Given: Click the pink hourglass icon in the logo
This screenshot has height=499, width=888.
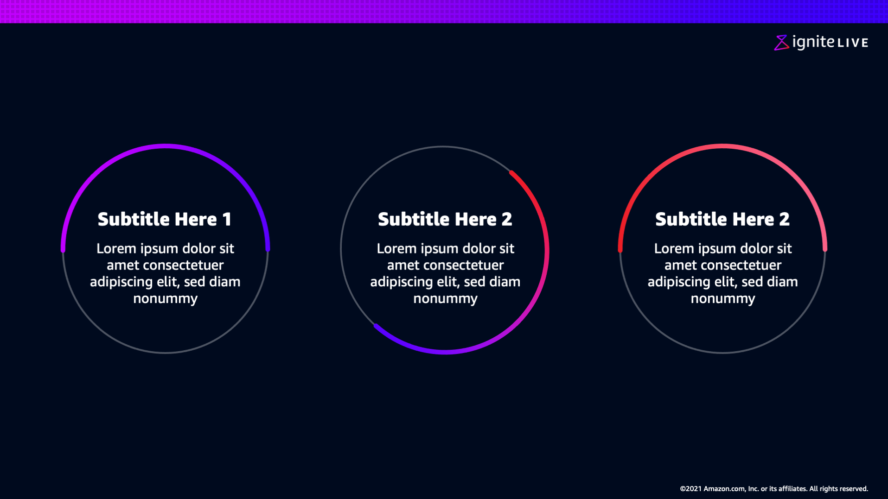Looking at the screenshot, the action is [781, 43].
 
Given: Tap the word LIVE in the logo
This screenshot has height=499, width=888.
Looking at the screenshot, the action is [853, 43].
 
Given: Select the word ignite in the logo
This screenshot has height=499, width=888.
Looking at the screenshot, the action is [813, 42].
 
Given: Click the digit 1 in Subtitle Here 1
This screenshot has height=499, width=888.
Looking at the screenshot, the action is [227, 219].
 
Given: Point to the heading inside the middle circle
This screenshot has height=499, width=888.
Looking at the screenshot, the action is [445, 219].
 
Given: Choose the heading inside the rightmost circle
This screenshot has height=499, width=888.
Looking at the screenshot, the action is [722, 219].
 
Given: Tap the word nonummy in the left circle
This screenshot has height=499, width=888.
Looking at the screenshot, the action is [166, 299].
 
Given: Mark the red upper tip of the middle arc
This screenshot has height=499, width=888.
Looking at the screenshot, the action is [511, 173].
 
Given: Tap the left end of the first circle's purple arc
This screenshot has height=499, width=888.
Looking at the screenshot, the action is [63, 250].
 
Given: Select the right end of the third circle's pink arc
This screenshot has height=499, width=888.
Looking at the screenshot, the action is [825, 249].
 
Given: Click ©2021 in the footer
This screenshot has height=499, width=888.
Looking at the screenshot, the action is [690, 489].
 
